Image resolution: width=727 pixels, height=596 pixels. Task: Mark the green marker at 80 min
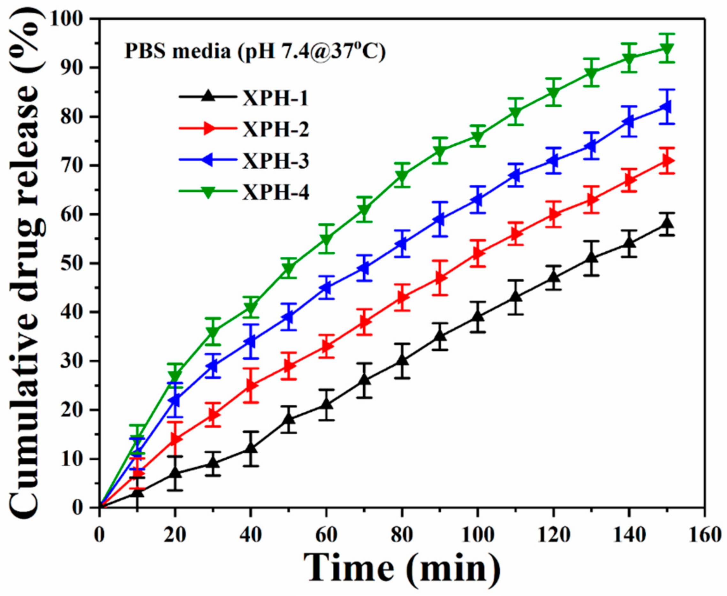click(402, 175)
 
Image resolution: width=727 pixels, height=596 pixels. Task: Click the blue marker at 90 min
click(440, 219)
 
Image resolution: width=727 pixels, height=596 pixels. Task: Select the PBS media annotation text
click(255, 52)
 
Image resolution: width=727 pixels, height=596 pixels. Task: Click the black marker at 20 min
click(175, 473)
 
